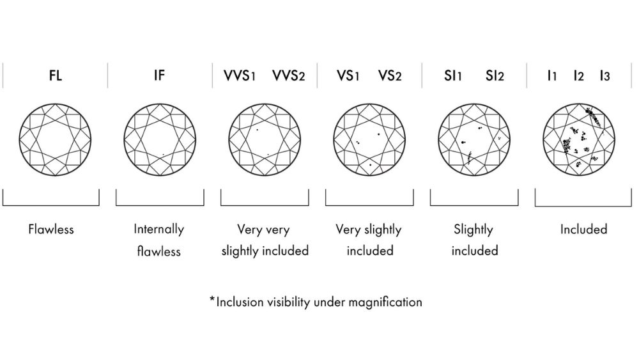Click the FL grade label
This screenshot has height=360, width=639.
pos(55,76)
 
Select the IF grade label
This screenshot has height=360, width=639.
pos(160,76)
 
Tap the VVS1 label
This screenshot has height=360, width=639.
pos(240,76)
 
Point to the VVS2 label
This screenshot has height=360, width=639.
pos(289,76)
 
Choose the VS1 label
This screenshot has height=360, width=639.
pos(348,76)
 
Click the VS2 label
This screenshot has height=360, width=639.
pos(390,76)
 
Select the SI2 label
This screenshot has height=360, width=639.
pos(495,76)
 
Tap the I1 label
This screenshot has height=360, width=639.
pos(552,76)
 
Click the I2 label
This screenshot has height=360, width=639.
pos(578,76)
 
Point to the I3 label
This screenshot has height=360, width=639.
pos(604,76)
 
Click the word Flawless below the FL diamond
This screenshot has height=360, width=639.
pos(51,229)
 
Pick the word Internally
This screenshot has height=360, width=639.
pos(159,229)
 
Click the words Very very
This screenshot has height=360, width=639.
pos(265,229)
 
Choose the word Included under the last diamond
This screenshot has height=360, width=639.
pos(583,229)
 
